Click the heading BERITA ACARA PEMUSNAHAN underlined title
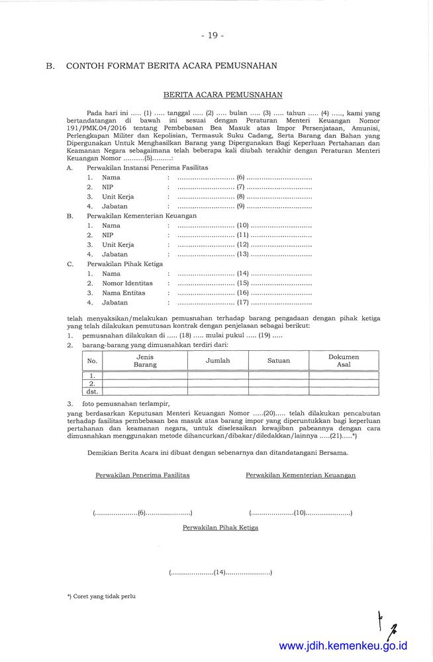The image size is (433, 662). pyautogui.click(x=223, y=95)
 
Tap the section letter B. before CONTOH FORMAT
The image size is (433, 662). pyautogui.click(x=50, y=66)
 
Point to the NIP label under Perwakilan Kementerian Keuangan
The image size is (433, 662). pyautogui.click(x=107, y=235)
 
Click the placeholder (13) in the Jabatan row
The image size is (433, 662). pyautogui.click(x=242, y=254)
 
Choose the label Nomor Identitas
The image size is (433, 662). pyautogui.click(x=127, y=283)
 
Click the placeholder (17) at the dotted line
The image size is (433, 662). pyautogui.click(x=242, y=303)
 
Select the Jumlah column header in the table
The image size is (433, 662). pyautogui.click(x=218, y=361)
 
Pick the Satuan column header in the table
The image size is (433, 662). pyautogui.click(x=279, y=361)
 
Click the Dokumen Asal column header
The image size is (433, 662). pyautogui.click(x=344, y=361)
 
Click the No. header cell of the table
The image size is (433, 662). pyautogui.click(x=92, y=361)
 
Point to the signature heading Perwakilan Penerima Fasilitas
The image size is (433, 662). pyautogui.click(x=142, y=475)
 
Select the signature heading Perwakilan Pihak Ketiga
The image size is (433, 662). pyautogui.click(x=220, y=528)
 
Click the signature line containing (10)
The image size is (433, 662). pyautogui.click(x=300, y=513)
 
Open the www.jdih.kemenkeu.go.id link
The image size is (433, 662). pyautogui.click(x=343, y=645)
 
